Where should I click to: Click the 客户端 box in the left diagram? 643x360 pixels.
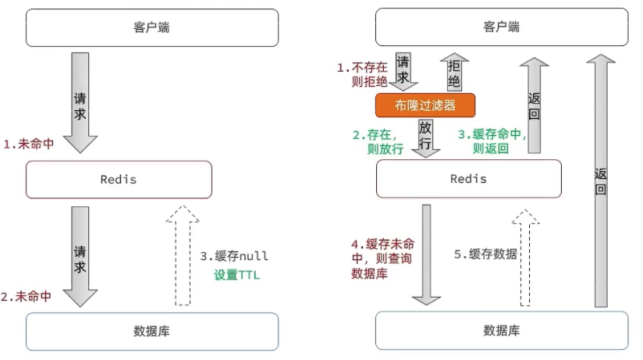[x=151, y=28]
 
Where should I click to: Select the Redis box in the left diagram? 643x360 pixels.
[x=119, y=180]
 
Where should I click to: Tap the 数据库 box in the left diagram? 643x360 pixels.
[x=151, y=331]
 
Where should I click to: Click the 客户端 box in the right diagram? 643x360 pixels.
[x=501, y=28]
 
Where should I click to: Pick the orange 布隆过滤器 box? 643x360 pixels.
[x=425, y=105]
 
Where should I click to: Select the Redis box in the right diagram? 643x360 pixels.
[x=468, y=180]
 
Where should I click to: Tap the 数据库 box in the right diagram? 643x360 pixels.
[x=501, y=331]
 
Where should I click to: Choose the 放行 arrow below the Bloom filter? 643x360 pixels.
[x=425, y=136]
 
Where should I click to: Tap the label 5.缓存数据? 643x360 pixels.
[x=485, y=254]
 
